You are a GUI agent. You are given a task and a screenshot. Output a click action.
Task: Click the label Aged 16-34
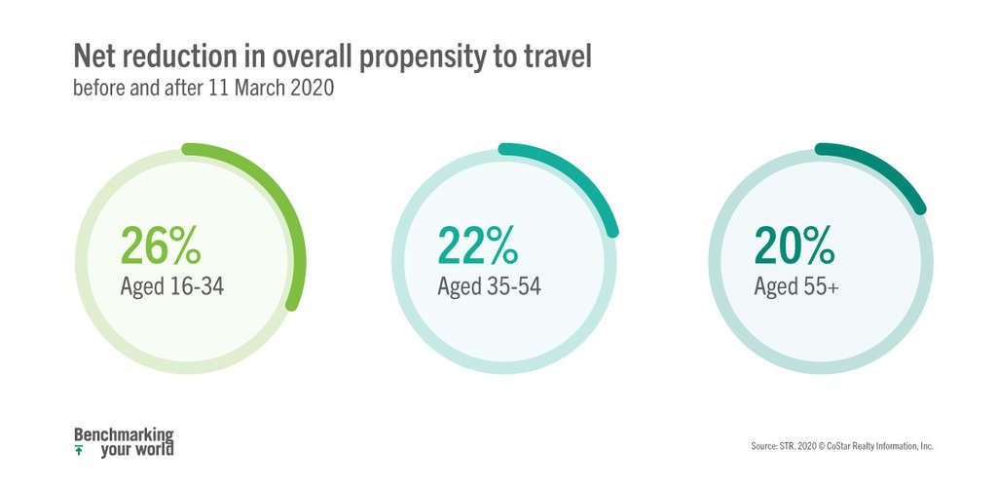pos(172,287)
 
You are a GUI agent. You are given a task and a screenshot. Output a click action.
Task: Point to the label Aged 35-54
pos(489,287)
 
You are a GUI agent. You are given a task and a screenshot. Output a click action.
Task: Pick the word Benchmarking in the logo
pos(124,434)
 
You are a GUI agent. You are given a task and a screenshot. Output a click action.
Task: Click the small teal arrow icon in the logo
pos(79,451)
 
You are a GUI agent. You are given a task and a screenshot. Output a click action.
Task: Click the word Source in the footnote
pos(763,446)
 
